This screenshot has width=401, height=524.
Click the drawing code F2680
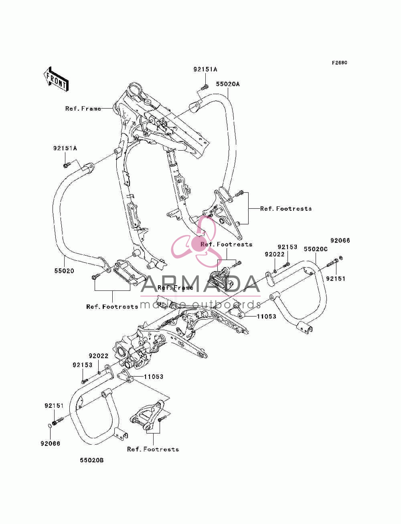pyautogui.click(x=339, y=63)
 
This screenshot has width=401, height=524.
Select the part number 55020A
pyautogui.click(x=228, y=84)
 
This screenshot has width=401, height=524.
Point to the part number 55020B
pyautogui.click(x=92, y=460)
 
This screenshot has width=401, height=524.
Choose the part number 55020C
pyautogui.click(x=316, y=249)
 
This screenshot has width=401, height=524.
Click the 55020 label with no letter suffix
pyautogui.click(x=64, y=271)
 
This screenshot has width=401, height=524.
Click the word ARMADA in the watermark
pyautogui.click(x=200, y=284)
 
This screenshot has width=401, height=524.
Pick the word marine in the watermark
pyautogui.click(x=164, y=304)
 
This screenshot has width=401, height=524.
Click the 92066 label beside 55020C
pyautogui.click(x=340, y=240)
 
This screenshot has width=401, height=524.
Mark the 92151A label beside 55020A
pyautogui.click(x=205, y=69)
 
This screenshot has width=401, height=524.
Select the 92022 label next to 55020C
pyautogui.click(x=275, y=254)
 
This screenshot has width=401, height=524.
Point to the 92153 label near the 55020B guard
pyautogui.click(x=83, y=365)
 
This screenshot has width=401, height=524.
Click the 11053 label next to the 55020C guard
pyautogui.click(x=266, y=316)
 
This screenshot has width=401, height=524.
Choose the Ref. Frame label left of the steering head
pyautogui.click(x=83, y=109)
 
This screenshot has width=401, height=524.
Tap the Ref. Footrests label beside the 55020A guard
pyautogui.click(x=286, y=209)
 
